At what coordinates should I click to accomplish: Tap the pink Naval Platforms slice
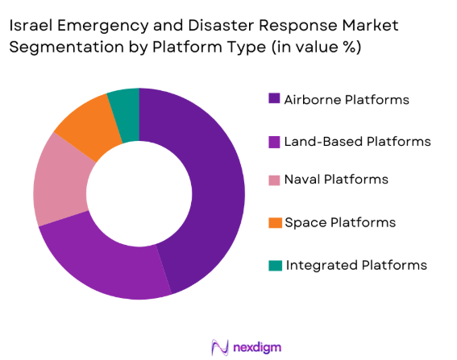(x=61, y=181)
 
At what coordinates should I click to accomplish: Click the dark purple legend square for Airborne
(x=274, y=100)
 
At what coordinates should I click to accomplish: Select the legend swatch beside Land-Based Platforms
(x=274, y=142)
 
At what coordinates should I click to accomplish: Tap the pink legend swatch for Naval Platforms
(x=274, y=180)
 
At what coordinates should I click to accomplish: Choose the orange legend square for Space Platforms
(x=274, y=221)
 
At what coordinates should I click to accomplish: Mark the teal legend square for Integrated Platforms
(x=274, y=264)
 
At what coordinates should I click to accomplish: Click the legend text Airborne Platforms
(x=347, y=100)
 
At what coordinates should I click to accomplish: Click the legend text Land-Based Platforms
(x=358, y=142)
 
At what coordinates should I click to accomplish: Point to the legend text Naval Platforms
(x=337, y=180)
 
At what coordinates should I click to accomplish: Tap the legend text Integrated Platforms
(x=355, y=264)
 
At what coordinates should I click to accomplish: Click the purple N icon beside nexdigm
(x=218, y=347)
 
